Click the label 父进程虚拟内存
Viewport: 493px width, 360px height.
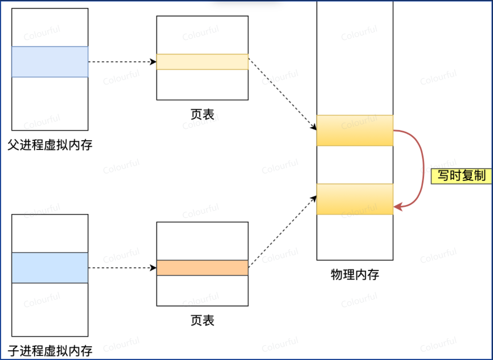pyautogui.click(x=50, y=145)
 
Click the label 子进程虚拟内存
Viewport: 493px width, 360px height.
pyautogui.click(x=50, y=351)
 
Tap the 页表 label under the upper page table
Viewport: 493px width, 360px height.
pyautogui.click(x=202, y=114)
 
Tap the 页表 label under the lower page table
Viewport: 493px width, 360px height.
pyautogui.click(x=202, y=321)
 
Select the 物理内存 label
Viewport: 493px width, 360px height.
pyautogui.click(x=355, y=274)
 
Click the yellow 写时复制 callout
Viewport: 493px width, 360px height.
pyautogui.click(x=461, y=176)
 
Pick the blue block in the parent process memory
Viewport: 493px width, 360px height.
pyautogui.click(x=50, y=62)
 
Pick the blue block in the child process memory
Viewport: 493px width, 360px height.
pyautogui.click(x=50, y=268)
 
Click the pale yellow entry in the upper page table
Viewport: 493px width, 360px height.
pyautogui.click(x=202, y=62)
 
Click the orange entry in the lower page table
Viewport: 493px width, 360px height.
pyautogui.click(x=202, y=268)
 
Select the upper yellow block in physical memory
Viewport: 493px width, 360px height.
pyautogui.click(x=355, y=130)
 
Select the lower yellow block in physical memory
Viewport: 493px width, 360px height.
pyautogui.click(x=355, y=199)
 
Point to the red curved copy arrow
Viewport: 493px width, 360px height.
pyautogui.click(x=423, y=168)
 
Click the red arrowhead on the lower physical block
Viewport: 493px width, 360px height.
pyautogui.click(x=398, y=207)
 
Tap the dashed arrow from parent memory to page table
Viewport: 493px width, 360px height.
pyautogui.click(x=120, y=62)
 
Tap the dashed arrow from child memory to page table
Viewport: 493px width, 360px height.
pyautogui.click(x=120, y=268)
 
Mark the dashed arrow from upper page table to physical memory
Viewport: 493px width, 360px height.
pyautogui.click(x=282, y=93)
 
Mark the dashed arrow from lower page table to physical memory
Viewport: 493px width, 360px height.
pyautogui.click(x=282, y=232)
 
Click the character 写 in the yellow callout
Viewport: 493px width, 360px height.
pyautogui.click(x=443, y=176)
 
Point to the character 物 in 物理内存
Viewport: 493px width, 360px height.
pyautogui.click(x=336, y=274)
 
